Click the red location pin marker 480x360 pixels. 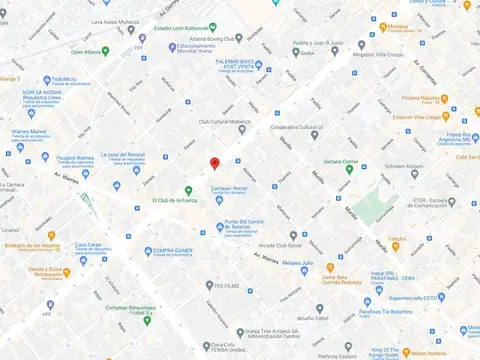tap(214, 164)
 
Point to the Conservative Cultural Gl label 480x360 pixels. tap(301, 127)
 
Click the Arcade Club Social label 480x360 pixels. tap(280, 243)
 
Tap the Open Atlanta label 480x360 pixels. tap(90, 51)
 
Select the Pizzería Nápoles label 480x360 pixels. tap(424, 99)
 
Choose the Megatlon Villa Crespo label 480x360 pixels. tap(382, 55)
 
